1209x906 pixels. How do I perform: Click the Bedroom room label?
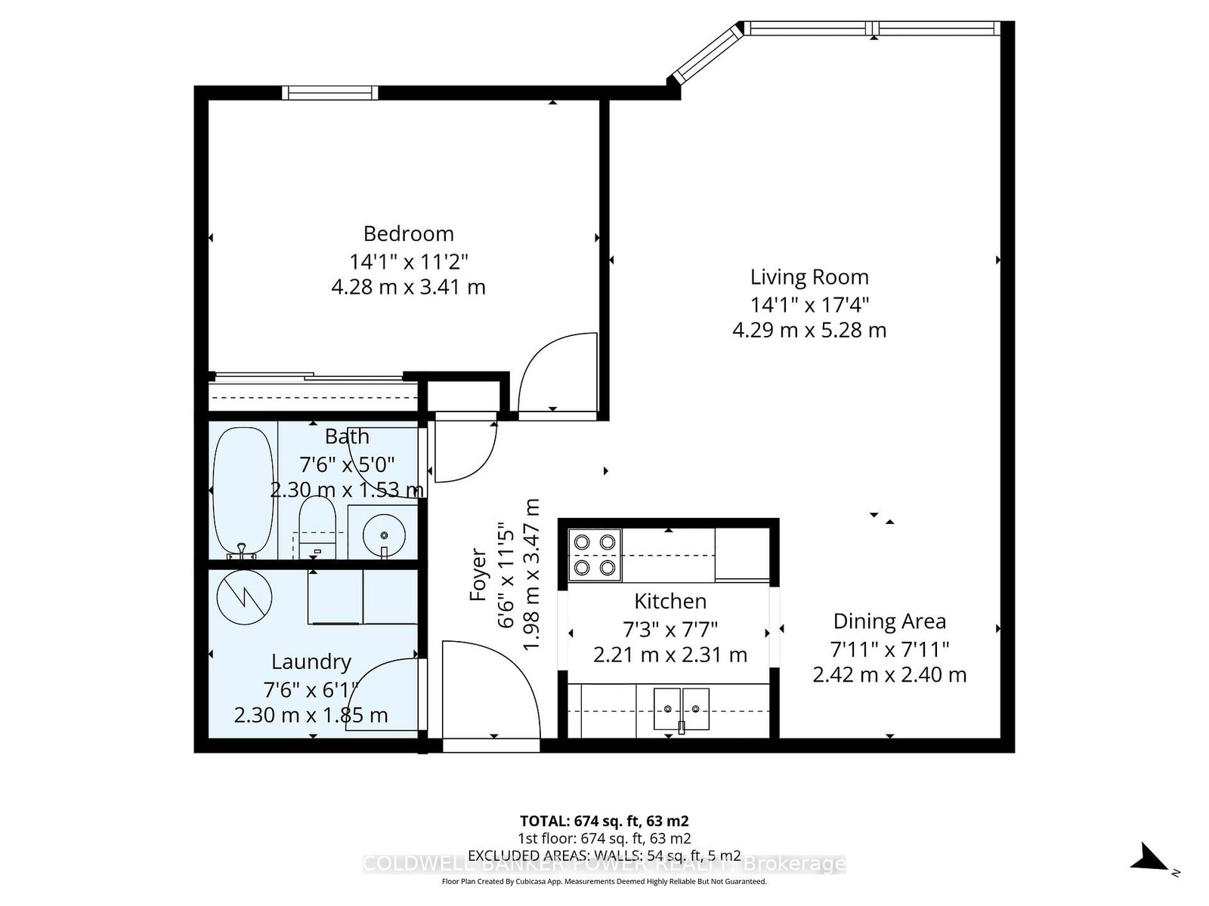(408, 233)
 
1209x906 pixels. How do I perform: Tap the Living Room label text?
(809, 277)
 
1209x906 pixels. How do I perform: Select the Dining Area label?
(889, 621)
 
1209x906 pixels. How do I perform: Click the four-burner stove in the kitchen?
(595, 555)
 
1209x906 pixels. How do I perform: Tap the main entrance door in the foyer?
(491, 691)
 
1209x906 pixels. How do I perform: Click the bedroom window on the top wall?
(329, 93)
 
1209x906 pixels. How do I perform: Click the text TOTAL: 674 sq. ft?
(604, 821)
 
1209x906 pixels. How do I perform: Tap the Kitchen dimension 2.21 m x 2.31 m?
(670, 655)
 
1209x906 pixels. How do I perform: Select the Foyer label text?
(478, 574)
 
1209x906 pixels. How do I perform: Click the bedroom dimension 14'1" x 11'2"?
(408, 262)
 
